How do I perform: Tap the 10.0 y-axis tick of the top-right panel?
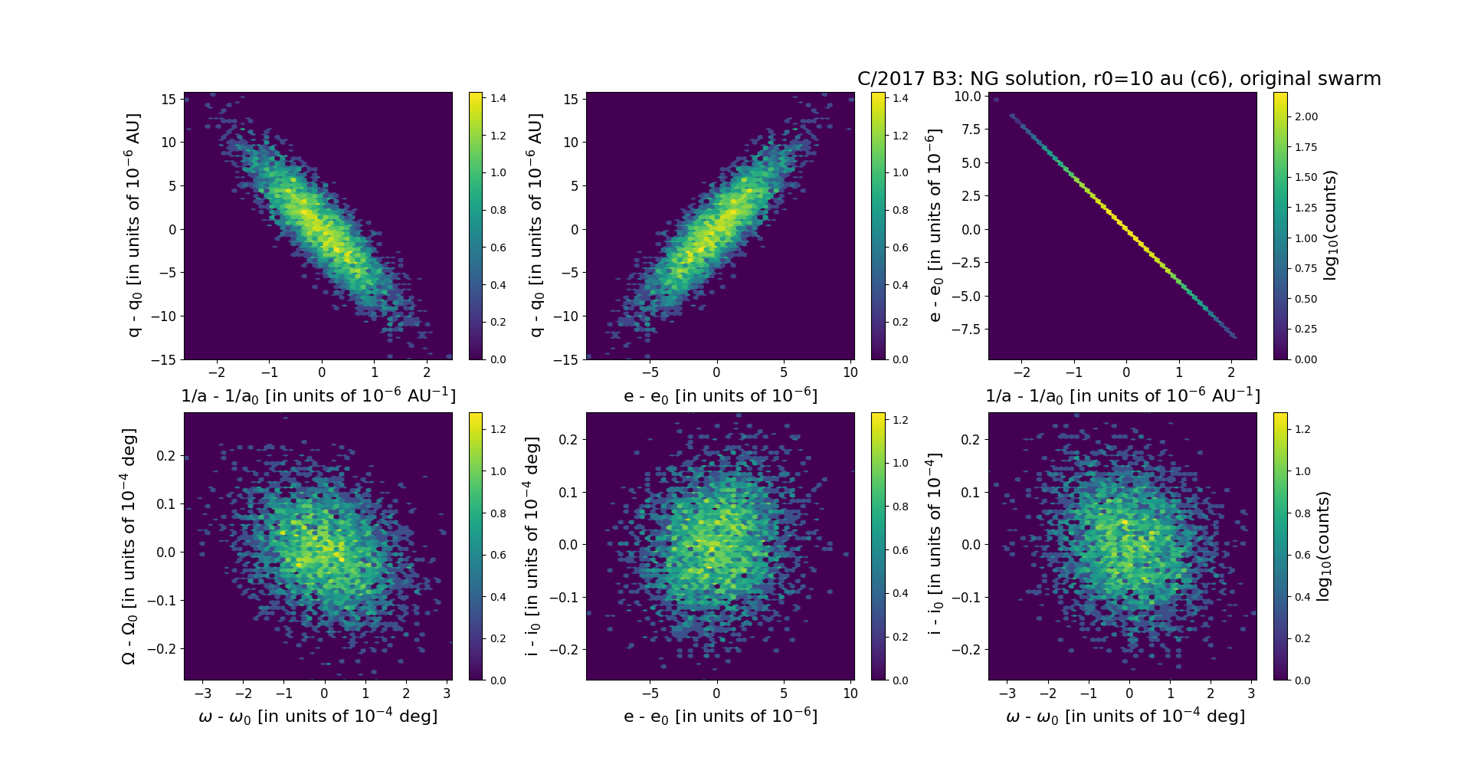tap(967, 97)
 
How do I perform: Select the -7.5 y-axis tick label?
tap(965, 329)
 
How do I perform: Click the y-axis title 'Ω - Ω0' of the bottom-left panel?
tap(129, 546)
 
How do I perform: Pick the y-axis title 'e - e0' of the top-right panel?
tap(934, 225)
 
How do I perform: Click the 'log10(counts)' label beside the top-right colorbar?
tap(1330, 225)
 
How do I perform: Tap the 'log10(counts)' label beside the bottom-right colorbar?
tap(1323, 546)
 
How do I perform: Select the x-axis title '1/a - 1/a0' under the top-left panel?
tap(318, 395)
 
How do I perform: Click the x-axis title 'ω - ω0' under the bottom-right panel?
tap(1125, 716)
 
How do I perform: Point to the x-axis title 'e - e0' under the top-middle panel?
tap(720, 396)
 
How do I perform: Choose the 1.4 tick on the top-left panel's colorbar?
tap(498, 98)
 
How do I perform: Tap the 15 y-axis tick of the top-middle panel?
tap(570, 100)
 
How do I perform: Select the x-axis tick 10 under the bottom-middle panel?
tap(850, 694)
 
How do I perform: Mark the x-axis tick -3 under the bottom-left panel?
tap(203, 694)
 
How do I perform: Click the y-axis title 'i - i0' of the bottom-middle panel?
tap(532, 546)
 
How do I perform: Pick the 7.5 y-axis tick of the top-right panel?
tap(970, 130)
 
